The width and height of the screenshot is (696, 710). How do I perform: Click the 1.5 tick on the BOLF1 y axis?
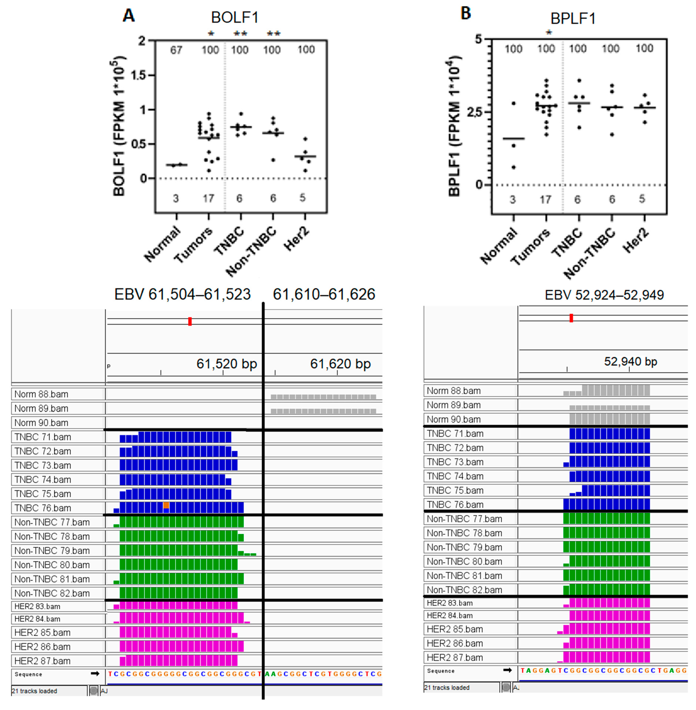138,75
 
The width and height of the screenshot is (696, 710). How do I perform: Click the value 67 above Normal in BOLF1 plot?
176,50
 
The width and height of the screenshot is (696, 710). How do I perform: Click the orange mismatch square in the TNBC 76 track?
166,505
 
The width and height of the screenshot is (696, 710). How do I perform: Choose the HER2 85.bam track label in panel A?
42,632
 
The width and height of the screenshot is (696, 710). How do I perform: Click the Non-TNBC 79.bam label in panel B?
464,547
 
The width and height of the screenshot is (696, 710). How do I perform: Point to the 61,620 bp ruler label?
340,364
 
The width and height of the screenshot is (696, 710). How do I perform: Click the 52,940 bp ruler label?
631,362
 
